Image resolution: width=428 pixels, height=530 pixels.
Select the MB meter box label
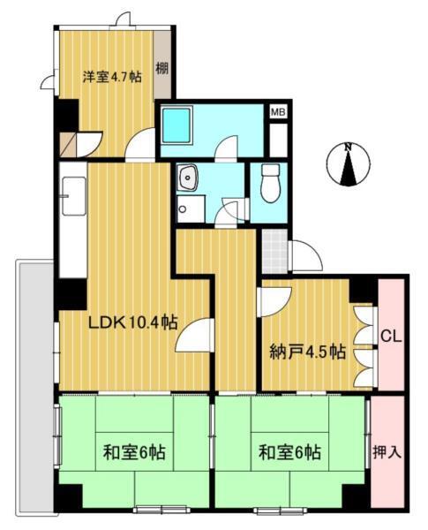278,112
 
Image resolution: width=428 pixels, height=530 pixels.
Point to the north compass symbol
349,165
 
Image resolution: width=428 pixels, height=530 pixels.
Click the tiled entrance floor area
274,252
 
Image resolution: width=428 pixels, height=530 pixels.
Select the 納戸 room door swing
272,301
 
